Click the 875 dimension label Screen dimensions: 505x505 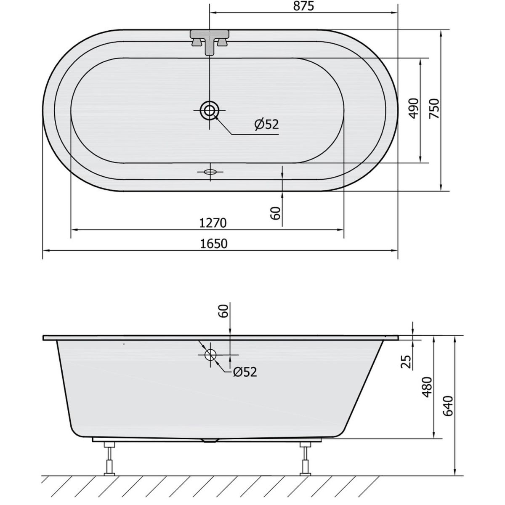tap(303, 7)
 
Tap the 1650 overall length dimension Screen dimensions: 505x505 tap(214, 244)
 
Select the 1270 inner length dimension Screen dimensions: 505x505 tap(213, 223)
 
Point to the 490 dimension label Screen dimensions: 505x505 tap(414, 108)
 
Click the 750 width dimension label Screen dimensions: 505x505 tap(434, 108)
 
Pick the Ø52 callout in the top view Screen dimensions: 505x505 tap(266, 124)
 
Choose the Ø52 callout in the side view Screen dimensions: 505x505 tap(245, 372)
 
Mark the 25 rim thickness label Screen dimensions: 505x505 tap(407, 361)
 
